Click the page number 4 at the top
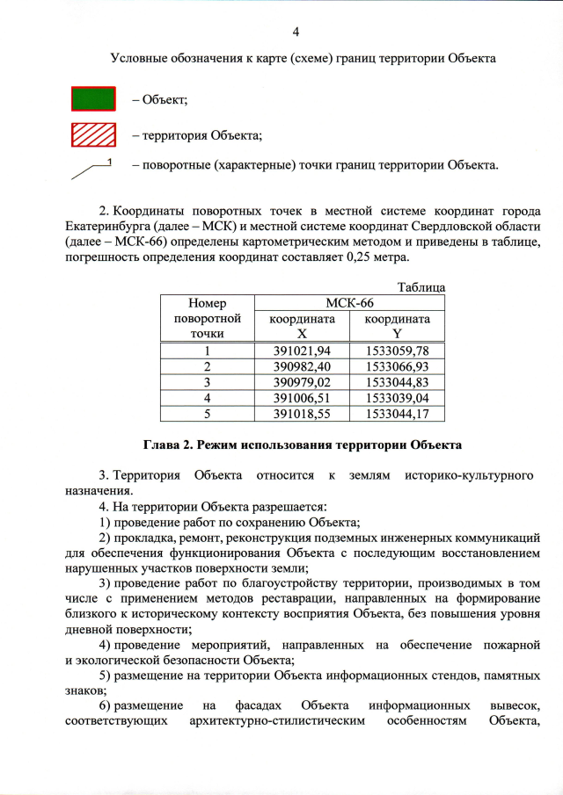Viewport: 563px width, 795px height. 296,33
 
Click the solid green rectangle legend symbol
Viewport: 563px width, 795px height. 93,98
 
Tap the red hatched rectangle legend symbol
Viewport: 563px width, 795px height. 93,135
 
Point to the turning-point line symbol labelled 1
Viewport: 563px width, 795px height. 91,170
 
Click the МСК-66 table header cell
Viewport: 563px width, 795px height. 348,303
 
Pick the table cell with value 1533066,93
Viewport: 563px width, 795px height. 397,366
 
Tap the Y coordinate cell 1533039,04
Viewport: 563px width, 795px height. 397,397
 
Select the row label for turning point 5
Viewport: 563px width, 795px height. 207,413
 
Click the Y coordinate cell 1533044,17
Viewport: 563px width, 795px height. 397,413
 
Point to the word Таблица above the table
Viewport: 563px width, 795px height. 421,287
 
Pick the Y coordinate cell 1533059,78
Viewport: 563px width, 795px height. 397,351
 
